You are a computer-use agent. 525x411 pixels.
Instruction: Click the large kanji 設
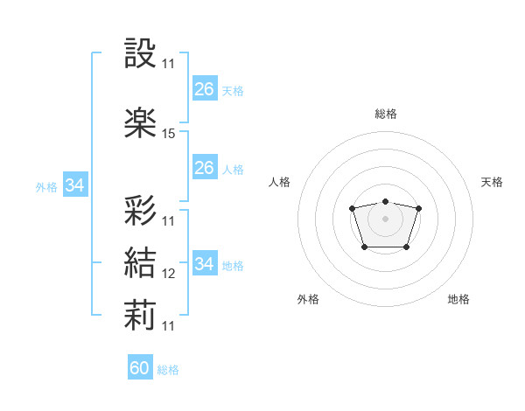tap(140, 52)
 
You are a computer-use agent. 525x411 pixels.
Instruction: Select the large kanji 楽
tap(140, 122)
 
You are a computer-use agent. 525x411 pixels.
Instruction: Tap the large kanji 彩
tap(140, 210)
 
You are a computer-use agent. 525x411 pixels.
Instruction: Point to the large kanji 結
tap(140, 262)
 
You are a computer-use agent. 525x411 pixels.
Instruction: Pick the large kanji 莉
tap(140, 315)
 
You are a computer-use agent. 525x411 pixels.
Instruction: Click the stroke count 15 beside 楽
tap(168, 134)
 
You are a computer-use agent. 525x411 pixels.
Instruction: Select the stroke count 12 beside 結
tap(168, 274)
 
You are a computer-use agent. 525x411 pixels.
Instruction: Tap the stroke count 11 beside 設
tap(168, 64)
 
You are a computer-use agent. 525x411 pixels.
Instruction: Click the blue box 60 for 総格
tap(140, 366)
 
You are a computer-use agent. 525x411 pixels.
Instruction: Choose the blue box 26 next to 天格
tap(205, 88)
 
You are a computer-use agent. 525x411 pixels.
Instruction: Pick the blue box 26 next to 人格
tap(205, 167)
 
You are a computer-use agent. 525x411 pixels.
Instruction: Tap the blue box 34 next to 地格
tap(205, 262)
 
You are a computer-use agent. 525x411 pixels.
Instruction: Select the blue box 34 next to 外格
tap(75, 185)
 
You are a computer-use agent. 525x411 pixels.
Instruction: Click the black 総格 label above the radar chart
tap(386, 114)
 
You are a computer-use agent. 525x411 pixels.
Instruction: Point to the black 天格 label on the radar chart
tap(492, 182)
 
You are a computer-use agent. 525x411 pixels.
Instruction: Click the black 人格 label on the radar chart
tap(279, 182)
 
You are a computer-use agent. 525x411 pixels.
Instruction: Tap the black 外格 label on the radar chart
tap(308, 299)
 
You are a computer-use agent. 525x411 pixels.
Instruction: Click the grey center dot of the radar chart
tap(385, 219)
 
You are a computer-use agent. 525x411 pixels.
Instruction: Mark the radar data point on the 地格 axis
tap(406, 247)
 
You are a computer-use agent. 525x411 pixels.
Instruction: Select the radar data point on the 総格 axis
tap(385, 201)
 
